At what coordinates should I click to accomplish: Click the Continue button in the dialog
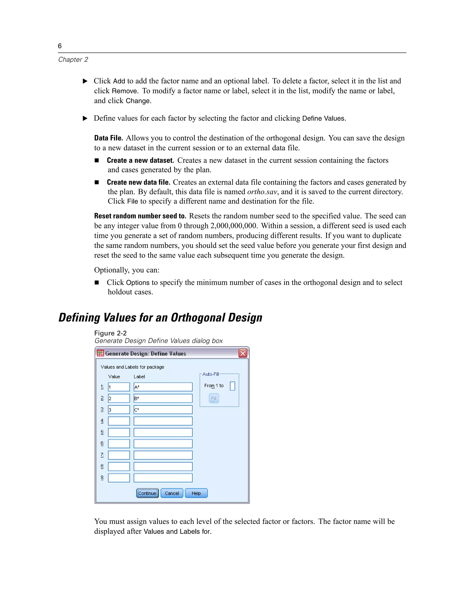tap(147, 493)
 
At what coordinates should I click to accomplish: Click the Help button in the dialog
tap(196, 493)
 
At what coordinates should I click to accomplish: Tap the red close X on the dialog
tap(243, 353)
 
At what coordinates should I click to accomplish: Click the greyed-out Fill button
tap(214, 398)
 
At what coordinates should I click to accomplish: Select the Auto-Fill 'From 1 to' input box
tap(232, 386)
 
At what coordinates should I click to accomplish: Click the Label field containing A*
tap(163, 387)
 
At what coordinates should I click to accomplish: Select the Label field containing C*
tap(163, 410)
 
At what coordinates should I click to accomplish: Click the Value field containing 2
tap(119, 398)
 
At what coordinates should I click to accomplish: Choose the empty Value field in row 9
tap(119, 478)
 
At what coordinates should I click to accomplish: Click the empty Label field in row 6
tap(163, 444)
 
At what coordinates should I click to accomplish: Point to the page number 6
tap(60, 46)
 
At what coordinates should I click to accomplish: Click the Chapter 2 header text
tap(73, 59)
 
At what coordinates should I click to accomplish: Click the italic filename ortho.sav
tap(262, 192)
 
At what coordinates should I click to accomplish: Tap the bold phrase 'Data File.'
tap(109, 138)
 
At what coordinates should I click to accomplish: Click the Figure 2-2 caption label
tap(110, 333)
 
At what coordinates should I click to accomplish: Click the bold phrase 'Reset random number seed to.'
tap(140, 216)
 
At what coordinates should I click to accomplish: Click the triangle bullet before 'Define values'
tap(85, 118)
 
